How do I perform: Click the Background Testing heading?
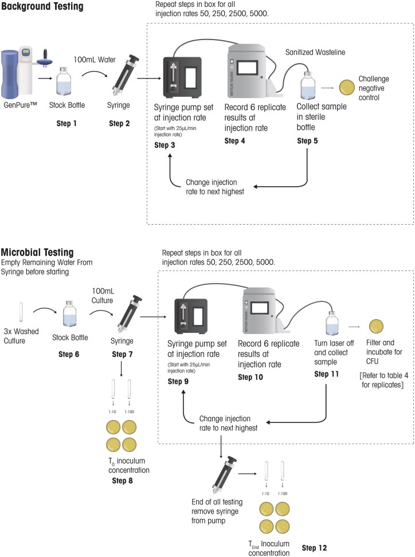[x=42, y=7]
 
